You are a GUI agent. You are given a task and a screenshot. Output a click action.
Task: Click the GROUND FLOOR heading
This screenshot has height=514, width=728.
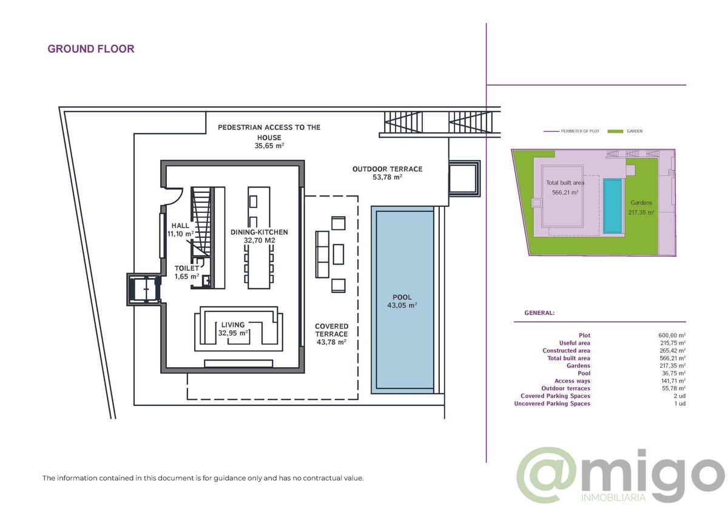(x=90, y=49)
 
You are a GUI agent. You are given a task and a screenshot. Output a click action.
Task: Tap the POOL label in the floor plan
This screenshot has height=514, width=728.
(x=402, y=297)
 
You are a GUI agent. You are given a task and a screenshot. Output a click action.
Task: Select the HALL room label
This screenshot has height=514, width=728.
(x=180, y=226)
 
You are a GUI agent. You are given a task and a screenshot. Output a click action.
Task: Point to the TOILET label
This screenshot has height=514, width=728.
(x=187, y=268)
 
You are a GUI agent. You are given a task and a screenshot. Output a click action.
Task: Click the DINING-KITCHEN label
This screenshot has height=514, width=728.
(x=260, y=232)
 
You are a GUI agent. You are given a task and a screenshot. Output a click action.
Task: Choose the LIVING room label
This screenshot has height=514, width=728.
(x=233, y=325)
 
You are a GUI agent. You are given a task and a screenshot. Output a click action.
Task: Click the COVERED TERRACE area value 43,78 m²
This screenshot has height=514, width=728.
(x=331, y=342)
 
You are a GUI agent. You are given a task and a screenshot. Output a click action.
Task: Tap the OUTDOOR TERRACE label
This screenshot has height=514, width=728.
(x=388, y=169)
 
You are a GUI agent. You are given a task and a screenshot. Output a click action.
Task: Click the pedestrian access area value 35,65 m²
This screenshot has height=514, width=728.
(x=269, y=146)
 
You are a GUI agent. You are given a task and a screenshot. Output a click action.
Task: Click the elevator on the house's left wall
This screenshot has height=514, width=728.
(x=144, y=289)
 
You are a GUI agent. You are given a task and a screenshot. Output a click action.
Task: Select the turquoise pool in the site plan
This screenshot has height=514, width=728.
(x=613, y=206)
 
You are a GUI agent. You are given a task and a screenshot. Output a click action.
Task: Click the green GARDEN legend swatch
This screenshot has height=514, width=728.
(x=615, y=131)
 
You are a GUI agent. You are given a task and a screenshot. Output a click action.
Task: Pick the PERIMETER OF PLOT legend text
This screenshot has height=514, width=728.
(x=580, y=131)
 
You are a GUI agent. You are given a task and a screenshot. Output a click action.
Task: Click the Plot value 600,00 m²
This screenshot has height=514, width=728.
(x=672, y=335)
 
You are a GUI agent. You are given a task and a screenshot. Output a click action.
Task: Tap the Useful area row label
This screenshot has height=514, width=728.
(x=575, y=343)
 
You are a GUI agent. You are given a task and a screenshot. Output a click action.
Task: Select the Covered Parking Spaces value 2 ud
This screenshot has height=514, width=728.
(x=679, y=396)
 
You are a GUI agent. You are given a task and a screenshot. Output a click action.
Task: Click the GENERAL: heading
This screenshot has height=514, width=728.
(x=539, y=313)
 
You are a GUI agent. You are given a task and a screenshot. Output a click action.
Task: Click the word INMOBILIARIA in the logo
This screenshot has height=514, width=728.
(x=613, y=498)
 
